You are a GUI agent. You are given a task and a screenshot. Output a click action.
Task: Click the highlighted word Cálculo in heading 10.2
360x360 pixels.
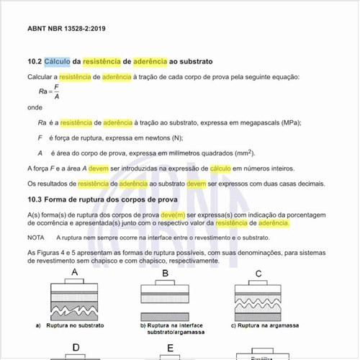[x=62, y=62]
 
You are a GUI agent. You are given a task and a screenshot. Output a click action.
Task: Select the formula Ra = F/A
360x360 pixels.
[x=50, y=91]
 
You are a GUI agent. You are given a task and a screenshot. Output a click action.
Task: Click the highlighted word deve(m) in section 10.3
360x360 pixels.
[x=173, y=215]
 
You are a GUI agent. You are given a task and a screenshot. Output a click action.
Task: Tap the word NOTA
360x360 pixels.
[x=36, y=237]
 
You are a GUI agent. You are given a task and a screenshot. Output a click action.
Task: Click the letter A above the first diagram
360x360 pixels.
[x=74, y=272]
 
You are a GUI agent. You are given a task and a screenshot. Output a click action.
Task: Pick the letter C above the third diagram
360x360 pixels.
[x=258, y=274]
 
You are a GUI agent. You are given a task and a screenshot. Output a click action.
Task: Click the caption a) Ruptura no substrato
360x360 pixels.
[x=70, y=325]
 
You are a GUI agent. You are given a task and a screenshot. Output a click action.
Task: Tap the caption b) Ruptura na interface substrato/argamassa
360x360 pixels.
[x=171, y=329]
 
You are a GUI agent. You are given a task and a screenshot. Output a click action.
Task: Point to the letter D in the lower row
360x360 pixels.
[x=74, y=348]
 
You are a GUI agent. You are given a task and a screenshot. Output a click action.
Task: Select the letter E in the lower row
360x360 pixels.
[x=170, y=349]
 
